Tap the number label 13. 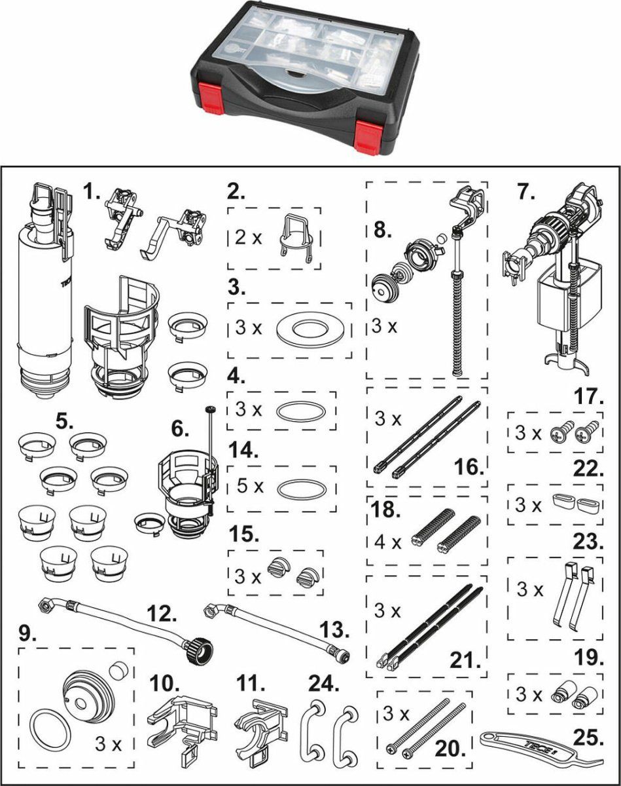334,630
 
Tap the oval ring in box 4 300,411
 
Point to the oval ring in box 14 300,489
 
